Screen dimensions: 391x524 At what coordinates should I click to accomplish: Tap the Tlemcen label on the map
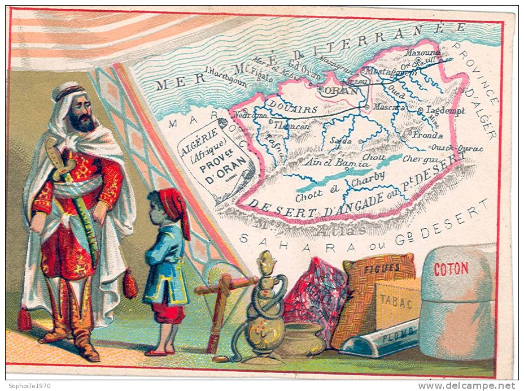291,127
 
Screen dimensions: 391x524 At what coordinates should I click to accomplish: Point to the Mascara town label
389,106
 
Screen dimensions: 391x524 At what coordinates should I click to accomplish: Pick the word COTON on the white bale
451,268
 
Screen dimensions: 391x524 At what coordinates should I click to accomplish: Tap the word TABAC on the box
395,302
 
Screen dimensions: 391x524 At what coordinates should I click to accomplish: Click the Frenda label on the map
427,135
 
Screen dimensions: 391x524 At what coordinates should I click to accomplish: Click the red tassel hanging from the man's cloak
130,284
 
